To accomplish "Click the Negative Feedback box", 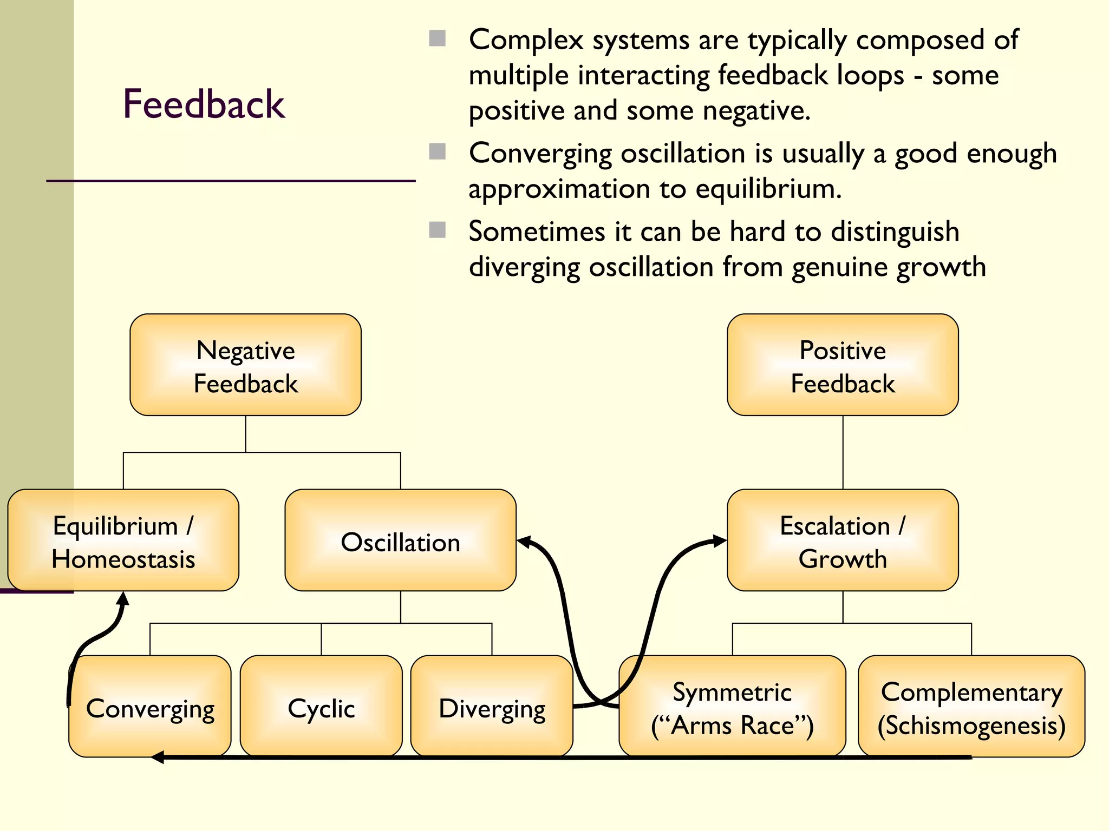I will coord(245,365).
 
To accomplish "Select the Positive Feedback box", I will coord(843,365).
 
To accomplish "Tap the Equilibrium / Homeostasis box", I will coord(123,540).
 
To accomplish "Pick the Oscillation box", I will coord(400,540).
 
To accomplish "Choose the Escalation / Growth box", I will coord(843,540).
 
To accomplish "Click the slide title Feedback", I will coord(204,104).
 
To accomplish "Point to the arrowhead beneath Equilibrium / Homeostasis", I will coord(123,598).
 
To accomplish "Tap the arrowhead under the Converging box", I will coord(158,757).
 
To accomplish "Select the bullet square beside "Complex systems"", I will coord(437,38).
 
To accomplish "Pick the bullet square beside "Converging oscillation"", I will coord(437,152).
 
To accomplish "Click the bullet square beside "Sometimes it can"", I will coord(437,230).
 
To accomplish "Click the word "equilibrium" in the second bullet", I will coord(768,189).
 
